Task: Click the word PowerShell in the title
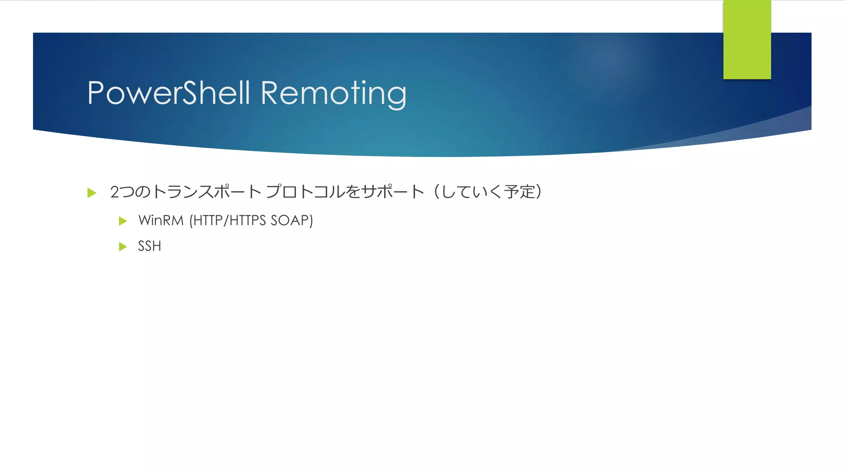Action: (x=168, y=93)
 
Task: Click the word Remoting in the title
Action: (x=333, y=94)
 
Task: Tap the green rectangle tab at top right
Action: (x=747, y=40)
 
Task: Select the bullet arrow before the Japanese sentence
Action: (x=92, y=193)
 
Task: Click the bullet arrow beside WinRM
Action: (x=123, y=221)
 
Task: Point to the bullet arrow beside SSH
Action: (x=123, y=247)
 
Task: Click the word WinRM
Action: (x=161, y=221)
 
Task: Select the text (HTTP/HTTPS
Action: (x=227, y=221)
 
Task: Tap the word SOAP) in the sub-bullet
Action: (x=292, y=221)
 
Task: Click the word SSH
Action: (x=149, y=246)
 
